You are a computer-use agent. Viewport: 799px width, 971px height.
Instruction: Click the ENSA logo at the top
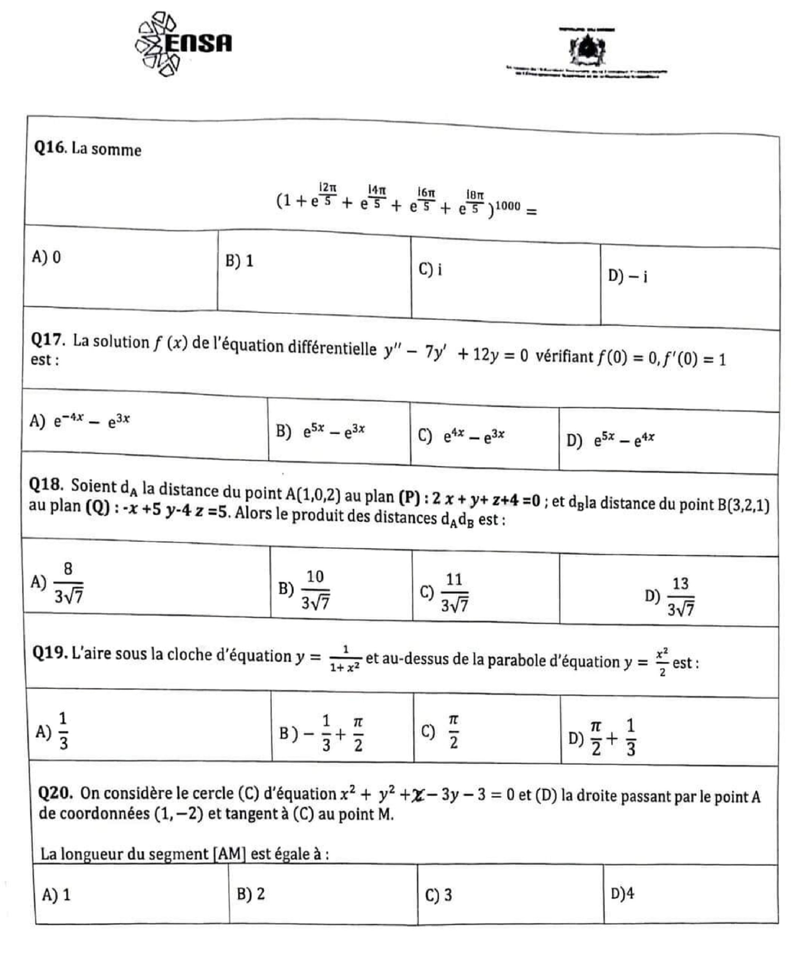click(184, 44)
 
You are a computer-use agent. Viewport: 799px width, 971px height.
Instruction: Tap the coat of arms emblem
click(587, 48)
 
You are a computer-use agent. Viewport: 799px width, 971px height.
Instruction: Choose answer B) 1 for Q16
click(239, 261)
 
